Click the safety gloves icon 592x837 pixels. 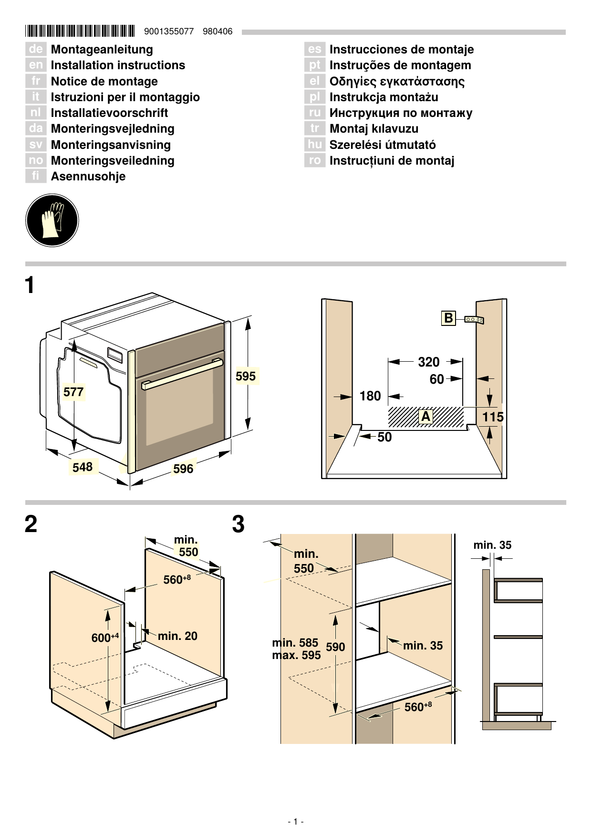(x=52, y=220)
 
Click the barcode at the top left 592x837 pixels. (x=80, y=31)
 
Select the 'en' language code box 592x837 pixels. (x=36, y=65)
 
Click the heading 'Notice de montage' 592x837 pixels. (x=104, y=81)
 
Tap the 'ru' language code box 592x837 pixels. (x=314, y=113)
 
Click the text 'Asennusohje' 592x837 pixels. (x=88, y=176)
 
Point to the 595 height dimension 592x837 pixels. (x=246, y=376)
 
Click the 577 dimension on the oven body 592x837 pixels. (x=73, y=392)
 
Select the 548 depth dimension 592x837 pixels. (x=83, y=467)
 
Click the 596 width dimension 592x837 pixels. (x=183, y=469)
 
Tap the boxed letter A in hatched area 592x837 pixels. (x=426, y=417)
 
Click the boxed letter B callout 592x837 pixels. (x=448, y=318)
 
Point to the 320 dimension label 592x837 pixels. (x=428, y=362)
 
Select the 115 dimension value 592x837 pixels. (x=492, y=417)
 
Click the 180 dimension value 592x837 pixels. (x=370, y=396)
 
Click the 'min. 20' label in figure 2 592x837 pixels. (x=177, y=636)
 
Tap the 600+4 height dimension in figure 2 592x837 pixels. (x=104, y=638)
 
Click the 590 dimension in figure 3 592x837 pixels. (x=335, y=647)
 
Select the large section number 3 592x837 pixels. (x=238, y=524)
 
